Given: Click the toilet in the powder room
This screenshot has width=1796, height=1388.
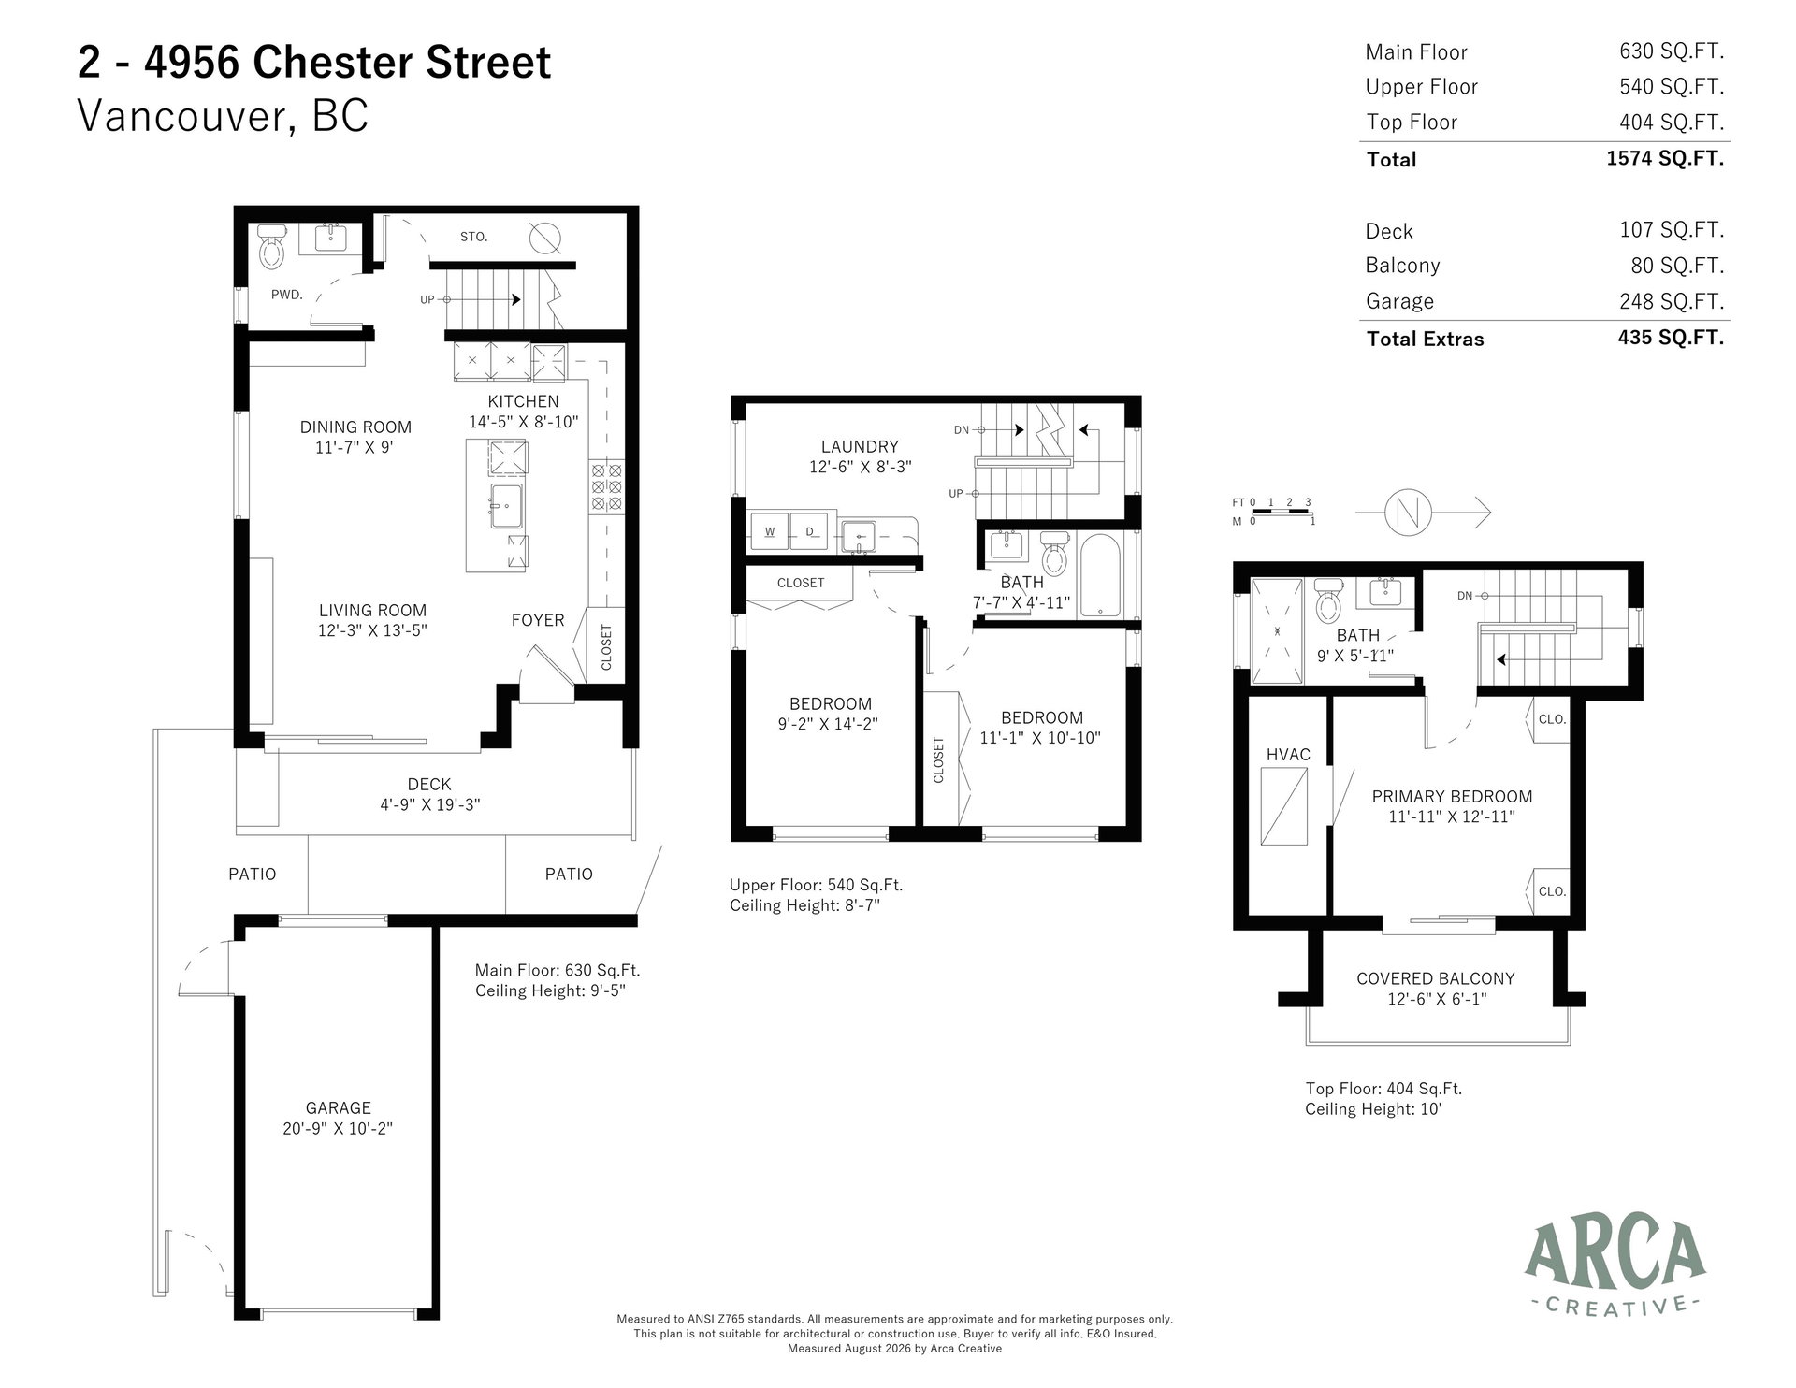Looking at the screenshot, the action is (270, 247).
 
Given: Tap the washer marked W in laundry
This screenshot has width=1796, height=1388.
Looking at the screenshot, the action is (770, 531).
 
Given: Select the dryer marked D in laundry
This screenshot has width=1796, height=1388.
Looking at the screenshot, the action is (810, 531).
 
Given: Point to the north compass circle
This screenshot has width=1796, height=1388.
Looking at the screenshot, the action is (1406, 513).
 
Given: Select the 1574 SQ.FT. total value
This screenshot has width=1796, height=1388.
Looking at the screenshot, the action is (1665, 158).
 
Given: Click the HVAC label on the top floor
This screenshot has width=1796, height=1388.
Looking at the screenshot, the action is (1288, 755).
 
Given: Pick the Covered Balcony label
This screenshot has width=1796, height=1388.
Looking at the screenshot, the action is (1436, 978).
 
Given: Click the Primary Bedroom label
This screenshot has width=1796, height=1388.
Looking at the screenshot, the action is (1452, 797).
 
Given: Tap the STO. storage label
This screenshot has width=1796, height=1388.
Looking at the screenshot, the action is (474, 238).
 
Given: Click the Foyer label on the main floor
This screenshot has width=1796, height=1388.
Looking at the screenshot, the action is (538, 620).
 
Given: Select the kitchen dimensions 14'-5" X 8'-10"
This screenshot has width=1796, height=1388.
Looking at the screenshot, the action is (524, 422).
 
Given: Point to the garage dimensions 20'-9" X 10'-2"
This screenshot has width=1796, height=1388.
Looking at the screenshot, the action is (338, 1128).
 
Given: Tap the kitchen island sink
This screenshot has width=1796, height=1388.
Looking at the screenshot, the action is (506, 507).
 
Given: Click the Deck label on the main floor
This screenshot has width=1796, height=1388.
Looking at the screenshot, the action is (429, 785).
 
